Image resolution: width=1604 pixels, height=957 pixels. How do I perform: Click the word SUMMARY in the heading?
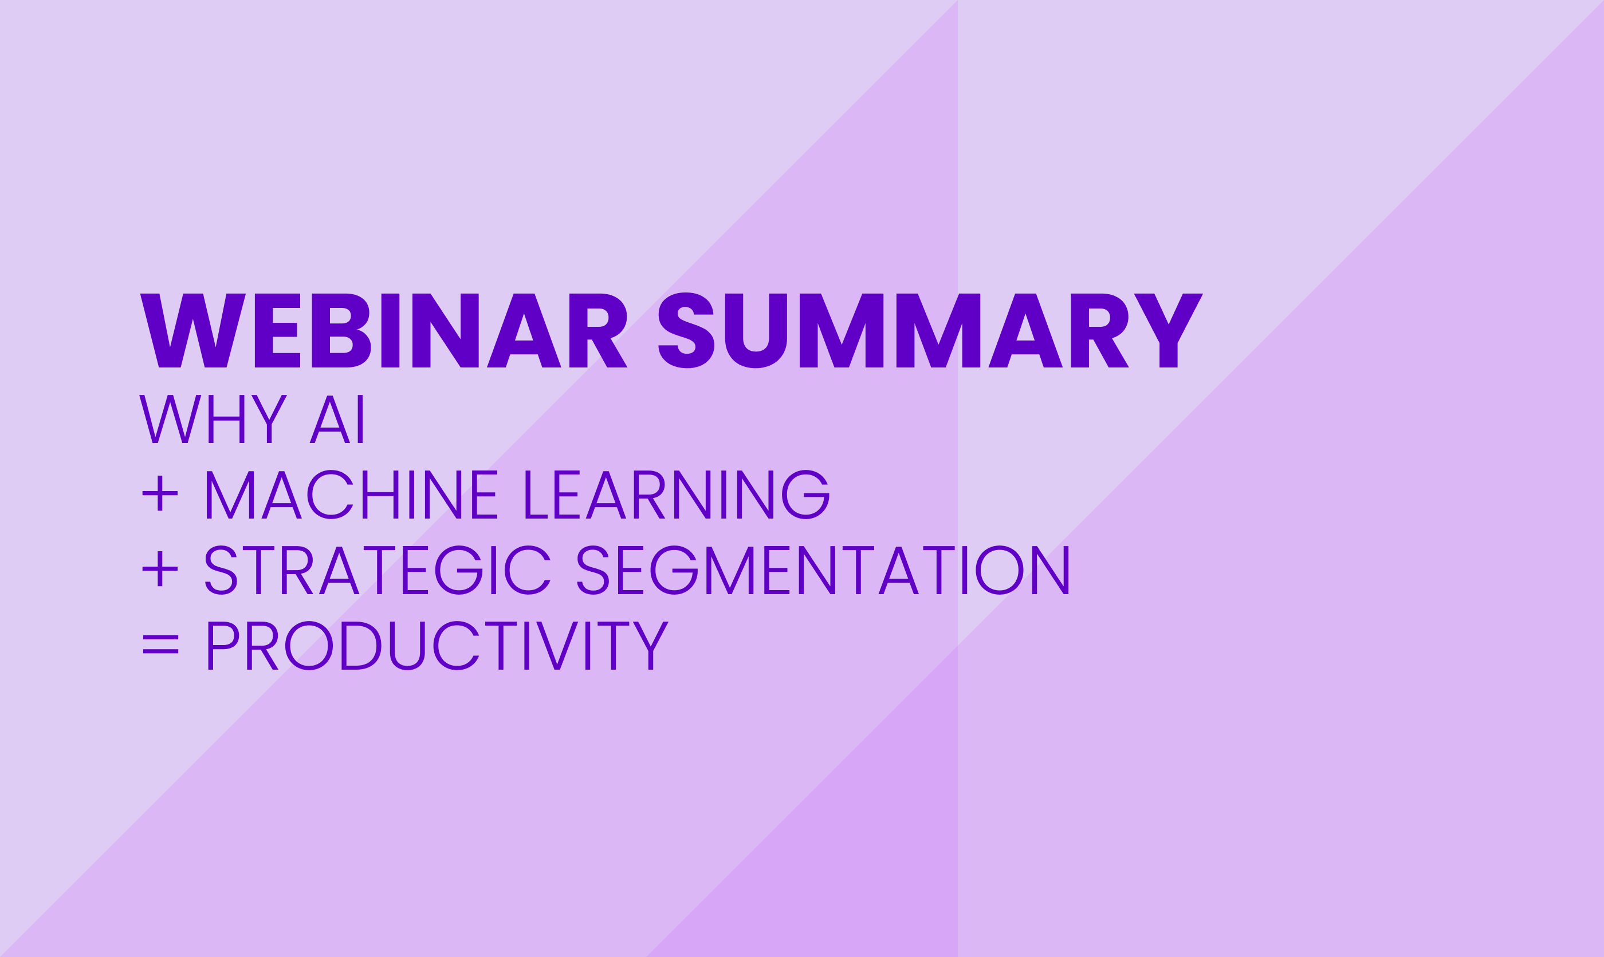coord(930,330)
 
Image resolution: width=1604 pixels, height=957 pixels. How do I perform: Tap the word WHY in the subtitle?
coord(213,419)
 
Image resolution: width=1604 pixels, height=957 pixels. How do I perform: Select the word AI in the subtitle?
coord(336,419)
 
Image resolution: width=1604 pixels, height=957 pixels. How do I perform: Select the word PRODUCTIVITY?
coord(438,646)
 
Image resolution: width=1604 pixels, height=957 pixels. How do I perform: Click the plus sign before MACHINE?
coord(160,493)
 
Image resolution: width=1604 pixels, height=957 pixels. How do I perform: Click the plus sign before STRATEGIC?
coord(160,569)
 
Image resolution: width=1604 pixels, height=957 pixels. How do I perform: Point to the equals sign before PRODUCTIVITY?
coord(160,644)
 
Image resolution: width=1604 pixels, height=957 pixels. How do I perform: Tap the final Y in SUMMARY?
coord(1169,330)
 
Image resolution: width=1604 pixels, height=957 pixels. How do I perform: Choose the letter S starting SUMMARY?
coord(686,330)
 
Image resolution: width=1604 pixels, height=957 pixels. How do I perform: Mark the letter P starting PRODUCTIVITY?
coord(223,646)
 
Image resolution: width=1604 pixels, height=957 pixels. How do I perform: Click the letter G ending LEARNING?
coord(806,495)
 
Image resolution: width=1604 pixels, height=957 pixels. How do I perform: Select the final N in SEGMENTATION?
coord(1051,570)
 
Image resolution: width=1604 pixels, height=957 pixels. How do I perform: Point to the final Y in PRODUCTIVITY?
coord(651,646)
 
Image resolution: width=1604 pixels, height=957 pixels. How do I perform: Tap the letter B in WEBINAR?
coord(341,330)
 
